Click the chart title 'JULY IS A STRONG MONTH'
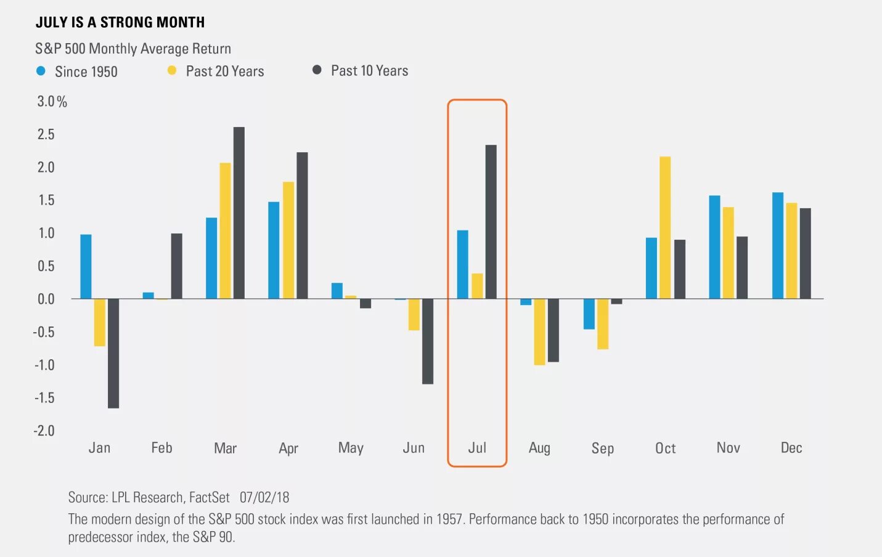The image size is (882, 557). tap(120, 23)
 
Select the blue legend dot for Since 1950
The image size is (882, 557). tap(41, 71)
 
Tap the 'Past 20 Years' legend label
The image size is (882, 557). tap(224, 71)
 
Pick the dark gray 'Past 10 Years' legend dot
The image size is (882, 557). tap(317, 70)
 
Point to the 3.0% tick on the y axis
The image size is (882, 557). tap(52, 102)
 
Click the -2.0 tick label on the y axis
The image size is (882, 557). tap(44, 431)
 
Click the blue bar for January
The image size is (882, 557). tap(86, 267)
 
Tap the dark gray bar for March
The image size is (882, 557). tap(239, 213)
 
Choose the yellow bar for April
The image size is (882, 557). tap(288, 240)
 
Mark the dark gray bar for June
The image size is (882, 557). tap(428, 341)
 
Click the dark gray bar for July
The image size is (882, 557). tap(491, 222)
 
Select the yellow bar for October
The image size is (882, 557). tap(665, 228)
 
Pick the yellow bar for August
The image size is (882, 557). tap(539, 332)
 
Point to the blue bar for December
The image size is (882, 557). tap(778, 246)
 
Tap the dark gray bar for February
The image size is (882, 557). tap(176, 266)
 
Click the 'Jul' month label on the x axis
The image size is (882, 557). tap(477, 448)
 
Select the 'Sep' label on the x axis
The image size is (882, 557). tap(602, 449)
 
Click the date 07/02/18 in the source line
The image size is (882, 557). tap(264, 498)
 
